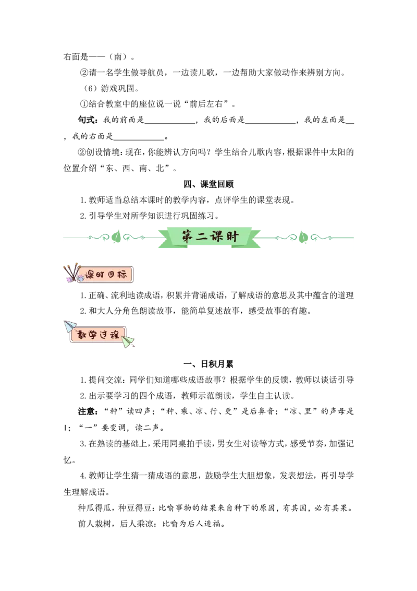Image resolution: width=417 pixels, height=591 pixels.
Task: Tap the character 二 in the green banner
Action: tap(203, 237)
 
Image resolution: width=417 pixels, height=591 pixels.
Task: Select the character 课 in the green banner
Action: tap(218, 236)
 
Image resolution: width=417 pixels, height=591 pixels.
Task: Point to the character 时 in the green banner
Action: tap(232, 236)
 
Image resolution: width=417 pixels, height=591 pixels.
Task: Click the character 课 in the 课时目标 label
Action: tap(91, 275)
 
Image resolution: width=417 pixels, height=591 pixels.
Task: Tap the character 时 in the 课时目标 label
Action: tap(102, 275)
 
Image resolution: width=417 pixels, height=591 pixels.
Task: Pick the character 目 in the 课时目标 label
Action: tap(113, 275)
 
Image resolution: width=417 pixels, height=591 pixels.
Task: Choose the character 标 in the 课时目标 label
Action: tap(123, 275)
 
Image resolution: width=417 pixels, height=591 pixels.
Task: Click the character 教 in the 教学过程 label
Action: tap(82, 334)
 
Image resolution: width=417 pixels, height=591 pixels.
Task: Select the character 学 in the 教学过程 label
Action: tap(93, 334)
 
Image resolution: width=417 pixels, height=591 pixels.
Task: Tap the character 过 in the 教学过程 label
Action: tap(104, 334)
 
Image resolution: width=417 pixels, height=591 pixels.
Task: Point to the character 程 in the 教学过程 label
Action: tap(114, 334)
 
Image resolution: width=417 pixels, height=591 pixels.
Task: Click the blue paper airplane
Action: tap(69, 326)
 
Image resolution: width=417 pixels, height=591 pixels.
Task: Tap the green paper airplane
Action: tap(128, 342)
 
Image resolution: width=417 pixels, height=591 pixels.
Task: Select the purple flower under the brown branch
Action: tap(69, 280)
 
